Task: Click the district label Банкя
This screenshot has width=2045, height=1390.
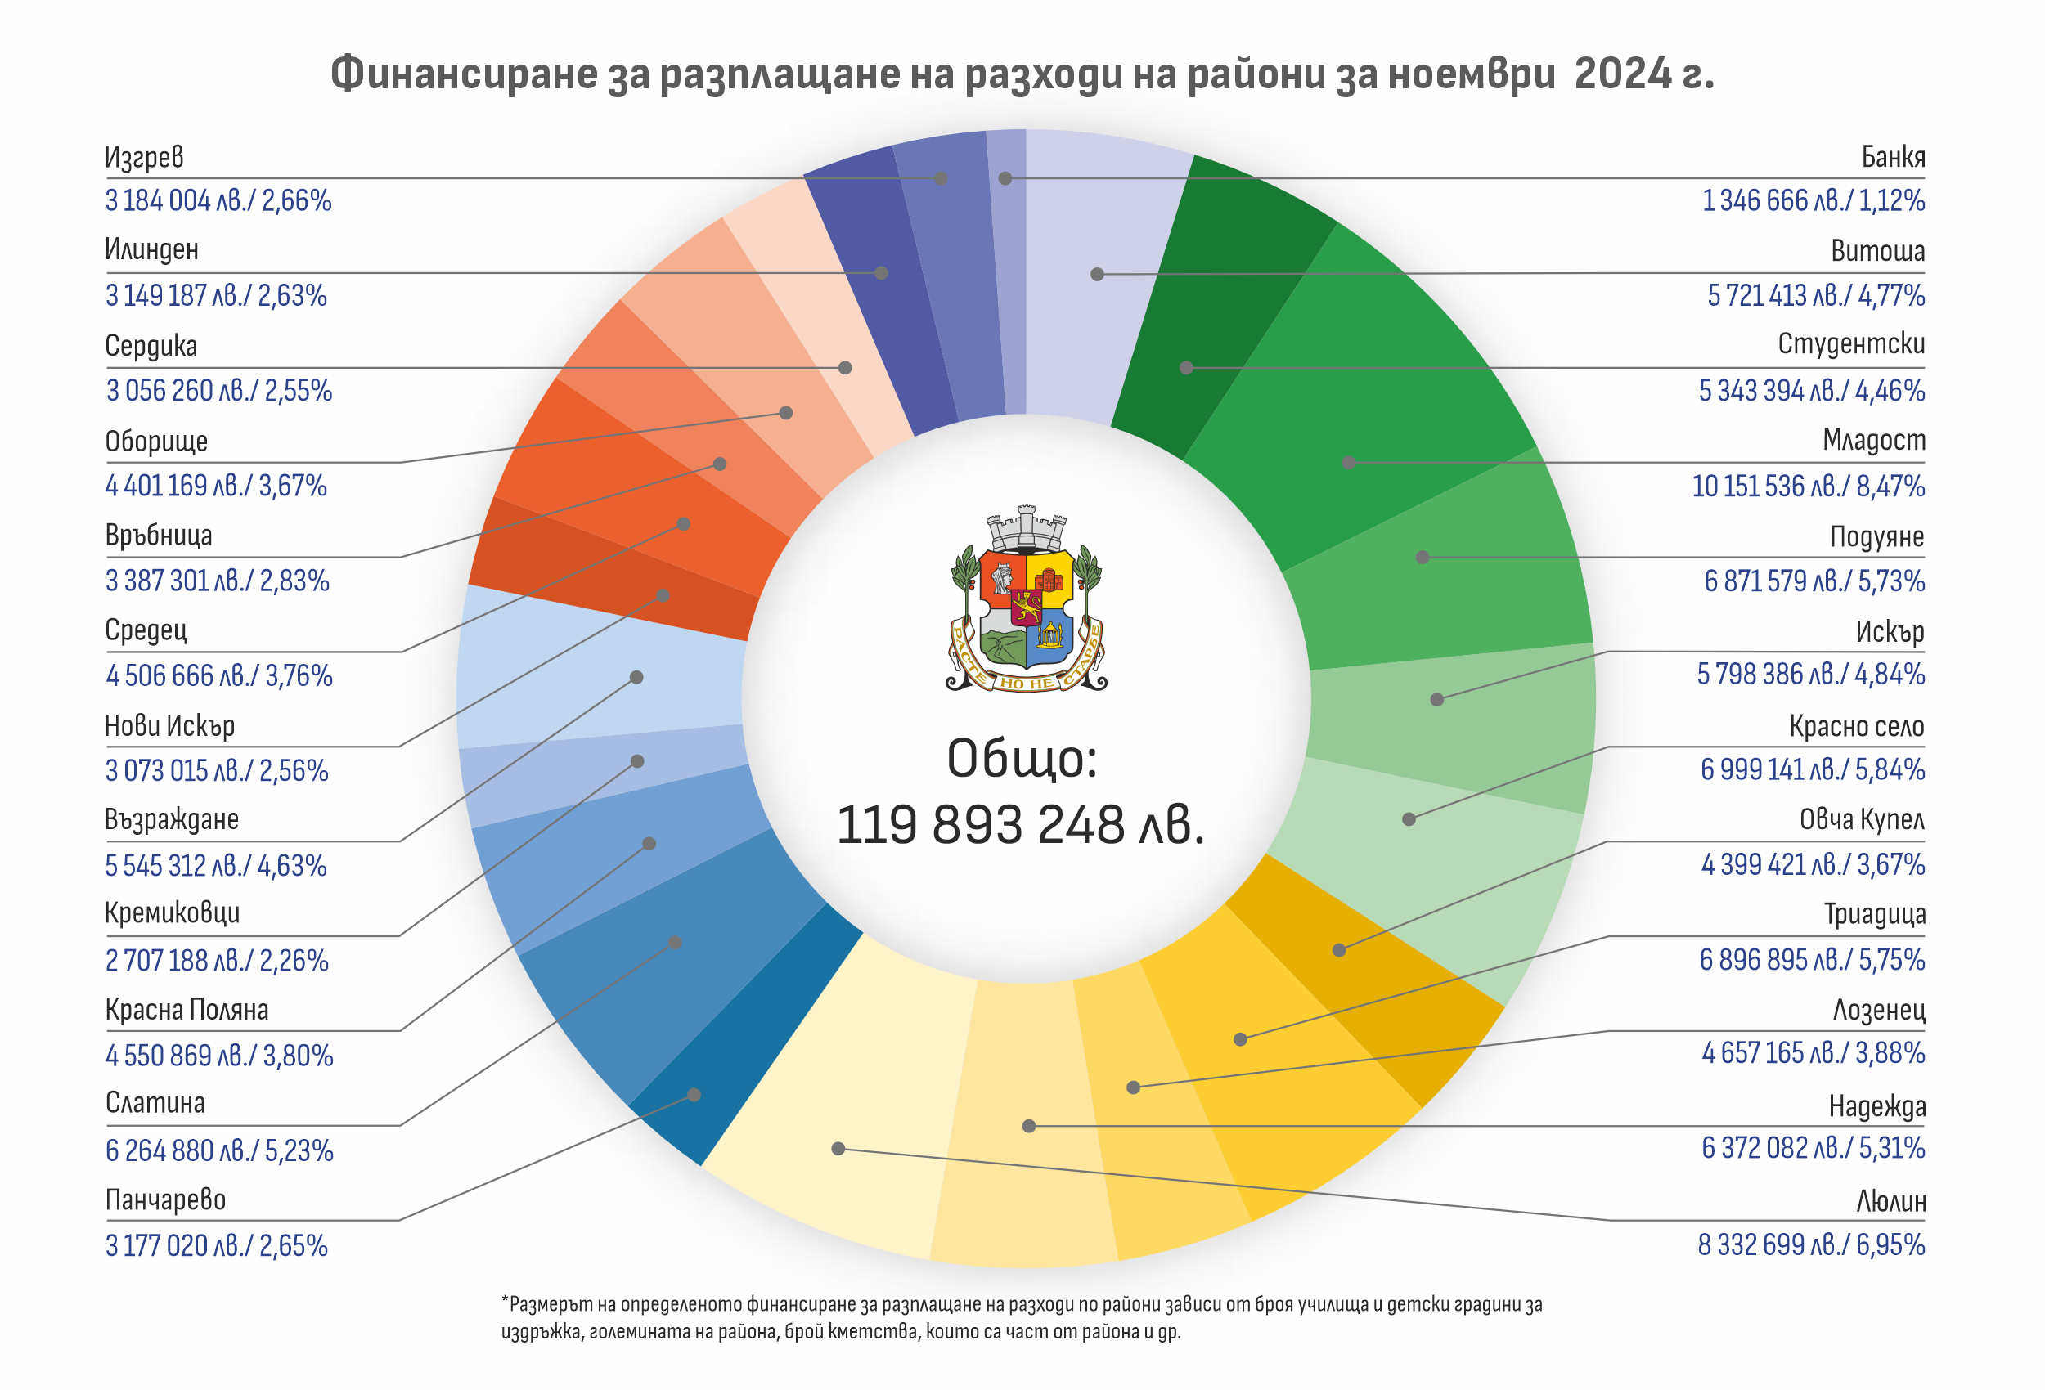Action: tap(1893, 157)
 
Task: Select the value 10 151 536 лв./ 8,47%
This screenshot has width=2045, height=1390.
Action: tap(1809, 486)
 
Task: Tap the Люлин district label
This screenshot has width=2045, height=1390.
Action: tap(1891, 1201)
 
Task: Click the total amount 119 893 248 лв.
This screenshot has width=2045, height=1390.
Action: tap(1021, 825)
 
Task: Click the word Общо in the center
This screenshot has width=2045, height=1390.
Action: tap(1022, 758)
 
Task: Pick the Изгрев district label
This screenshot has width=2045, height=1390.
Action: tap(144, 157)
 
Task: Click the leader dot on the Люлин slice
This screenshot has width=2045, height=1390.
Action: tap(838, 1148)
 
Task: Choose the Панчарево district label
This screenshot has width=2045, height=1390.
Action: tap(165, 1200)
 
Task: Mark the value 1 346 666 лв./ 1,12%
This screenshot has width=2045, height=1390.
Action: tap(1814, 200)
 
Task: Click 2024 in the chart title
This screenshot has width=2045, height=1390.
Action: tap(1623, 74)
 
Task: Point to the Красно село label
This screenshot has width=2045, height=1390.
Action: tap(1857, 727)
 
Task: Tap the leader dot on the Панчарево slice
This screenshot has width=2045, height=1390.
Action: tap(694, 1096)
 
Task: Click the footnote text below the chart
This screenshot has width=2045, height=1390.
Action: tap(1021, 1317)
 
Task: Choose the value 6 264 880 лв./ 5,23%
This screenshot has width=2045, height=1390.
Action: tap(219, 1150)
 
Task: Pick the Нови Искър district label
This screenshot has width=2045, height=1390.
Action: tap(170, 726)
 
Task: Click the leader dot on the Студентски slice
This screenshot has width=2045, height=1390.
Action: tap(1186, 368)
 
